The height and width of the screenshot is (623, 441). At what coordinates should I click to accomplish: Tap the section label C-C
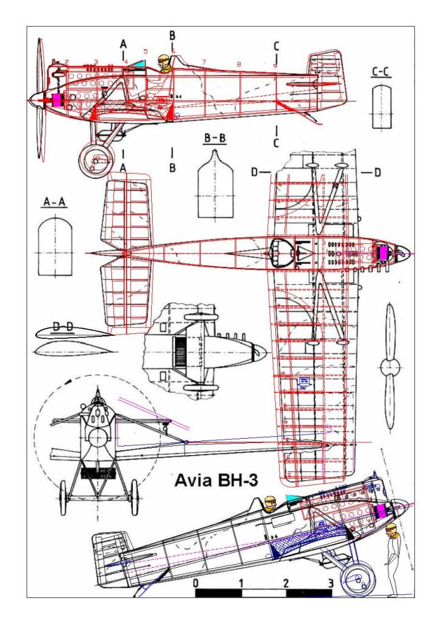point(381,74)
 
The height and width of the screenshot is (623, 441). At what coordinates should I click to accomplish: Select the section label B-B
point(214,139)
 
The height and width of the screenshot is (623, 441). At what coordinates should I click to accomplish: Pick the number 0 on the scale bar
point(195,583)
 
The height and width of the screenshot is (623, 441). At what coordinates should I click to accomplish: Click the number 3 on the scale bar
point(331,583)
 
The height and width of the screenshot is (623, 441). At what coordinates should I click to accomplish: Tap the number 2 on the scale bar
point(286,583)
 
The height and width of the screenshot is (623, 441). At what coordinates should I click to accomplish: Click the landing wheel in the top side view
point(96,159)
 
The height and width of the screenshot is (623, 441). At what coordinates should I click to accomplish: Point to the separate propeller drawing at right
point(390,366)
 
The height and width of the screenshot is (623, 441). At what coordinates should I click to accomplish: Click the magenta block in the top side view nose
point(58,100)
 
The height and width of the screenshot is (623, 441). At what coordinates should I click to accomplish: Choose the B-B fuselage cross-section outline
point(214,176)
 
